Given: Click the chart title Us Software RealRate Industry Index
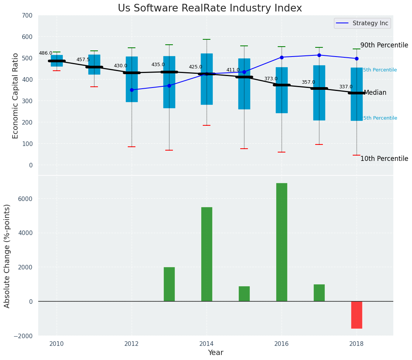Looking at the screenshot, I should click(210, 8).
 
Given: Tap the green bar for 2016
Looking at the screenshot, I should click(282, 242).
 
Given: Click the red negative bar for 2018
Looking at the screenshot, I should click(357, 315).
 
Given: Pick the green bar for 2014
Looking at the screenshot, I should click(207, 254).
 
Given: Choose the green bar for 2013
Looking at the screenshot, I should click(169, 284).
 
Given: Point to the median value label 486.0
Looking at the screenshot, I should click(46, 53).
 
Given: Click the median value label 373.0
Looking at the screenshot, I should click(271, 79).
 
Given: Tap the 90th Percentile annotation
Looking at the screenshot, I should click(384, 45).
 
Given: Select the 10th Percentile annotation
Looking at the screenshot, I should click(384, 159).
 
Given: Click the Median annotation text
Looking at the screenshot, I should click(375, 92).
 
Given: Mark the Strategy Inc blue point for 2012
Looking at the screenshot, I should click(132, 90).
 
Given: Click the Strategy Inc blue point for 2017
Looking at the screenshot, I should click(319, 55).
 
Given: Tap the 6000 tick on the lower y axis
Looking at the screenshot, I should click(26, 199).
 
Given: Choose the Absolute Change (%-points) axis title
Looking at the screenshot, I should click(7, 256).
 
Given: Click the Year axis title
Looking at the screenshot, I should click(215, 353).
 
